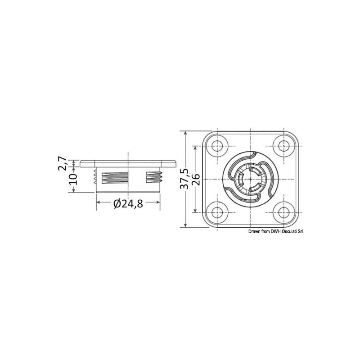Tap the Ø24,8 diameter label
(x=128, y=204)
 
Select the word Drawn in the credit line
(x=254, y=231)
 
